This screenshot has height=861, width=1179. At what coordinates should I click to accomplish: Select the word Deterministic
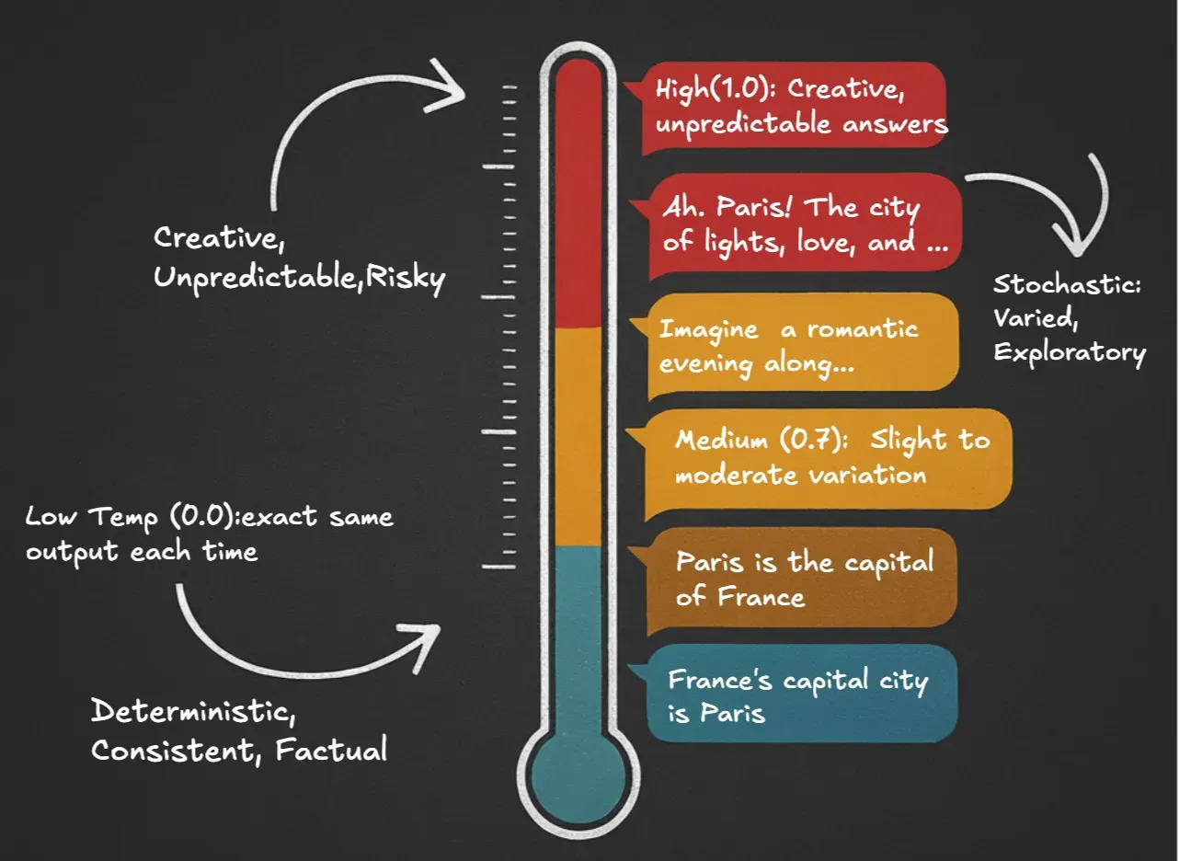pos(193,712)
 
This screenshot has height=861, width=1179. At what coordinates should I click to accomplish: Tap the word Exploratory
pos(1070,353)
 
